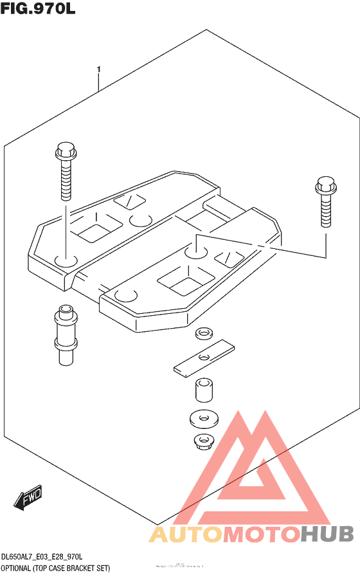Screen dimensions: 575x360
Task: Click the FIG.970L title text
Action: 39,10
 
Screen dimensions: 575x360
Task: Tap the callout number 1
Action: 98,68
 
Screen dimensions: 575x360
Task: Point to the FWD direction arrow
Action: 30,497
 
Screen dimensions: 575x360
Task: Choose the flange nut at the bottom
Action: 203,442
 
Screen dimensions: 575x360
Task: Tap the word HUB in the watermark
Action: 327,534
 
